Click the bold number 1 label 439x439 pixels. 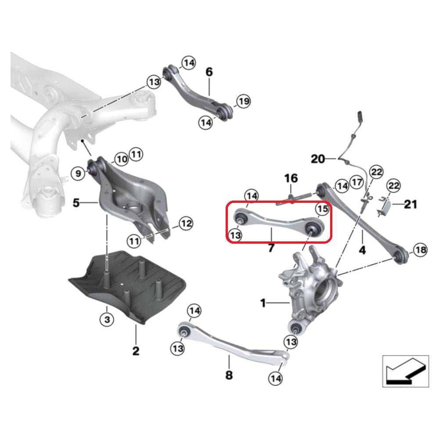pos(263,302)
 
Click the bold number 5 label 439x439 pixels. pos(76,203)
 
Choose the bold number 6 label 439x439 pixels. pos(209,72)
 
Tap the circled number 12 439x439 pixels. pos(186,224)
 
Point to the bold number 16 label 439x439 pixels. pos(291,178)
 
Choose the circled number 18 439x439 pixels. pos(420,251)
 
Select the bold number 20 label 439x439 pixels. pos(324,158)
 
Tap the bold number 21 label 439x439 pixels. pos(410,204)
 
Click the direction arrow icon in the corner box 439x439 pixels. pos(404,371)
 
